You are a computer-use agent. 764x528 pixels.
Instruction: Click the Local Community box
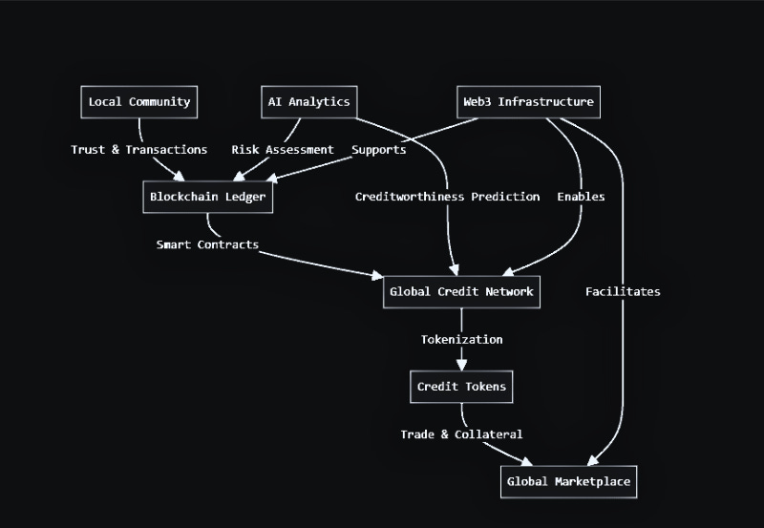(x=139, y=102)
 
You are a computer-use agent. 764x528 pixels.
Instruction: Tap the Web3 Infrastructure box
(x=528, y=102)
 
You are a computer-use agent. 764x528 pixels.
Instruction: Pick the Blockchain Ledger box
(x=207, y=198)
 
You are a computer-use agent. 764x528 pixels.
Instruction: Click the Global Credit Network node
(x=461, y=291)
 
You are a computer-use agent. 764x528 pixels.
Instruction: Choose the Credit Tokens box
(x=461, y=387)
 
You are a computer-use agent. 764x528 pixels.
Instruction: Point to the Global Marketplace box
(x=568, y=481)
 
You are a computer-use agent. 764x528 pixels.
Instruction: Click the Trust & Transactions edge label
(x=139, y=150)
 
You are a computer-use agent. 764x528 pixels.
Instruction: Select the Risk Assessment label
(x=283, y=150)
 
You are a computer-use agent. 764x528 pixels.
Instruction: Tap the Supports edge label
(x=379, y=150)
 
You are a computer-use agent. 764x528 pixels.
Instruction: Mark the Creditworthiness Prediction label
(x=448, y=197)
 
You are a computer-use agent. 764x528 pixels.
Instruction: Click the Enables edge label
(x=581, y=197)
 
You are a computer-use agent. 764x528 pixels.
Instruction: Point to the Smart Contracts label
(x=207, y=244)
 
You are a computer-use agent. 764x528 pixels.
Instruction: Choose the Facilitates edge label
(x=623, y=291)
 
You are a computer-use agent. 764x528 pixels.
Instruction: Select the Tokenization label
(x=461, y=339)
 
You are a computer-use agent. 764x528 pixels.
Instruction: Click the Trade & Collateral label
(x=461, y=434)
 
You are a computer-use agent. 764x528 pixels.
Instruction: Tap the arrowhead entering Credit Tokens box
(x=461, y=365)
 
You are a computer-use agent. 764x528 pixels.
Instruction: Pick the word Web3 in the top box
(x=478, y=102)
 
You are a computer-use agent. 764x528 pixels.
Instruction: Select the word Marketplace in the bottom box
(x=592, y=481)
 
